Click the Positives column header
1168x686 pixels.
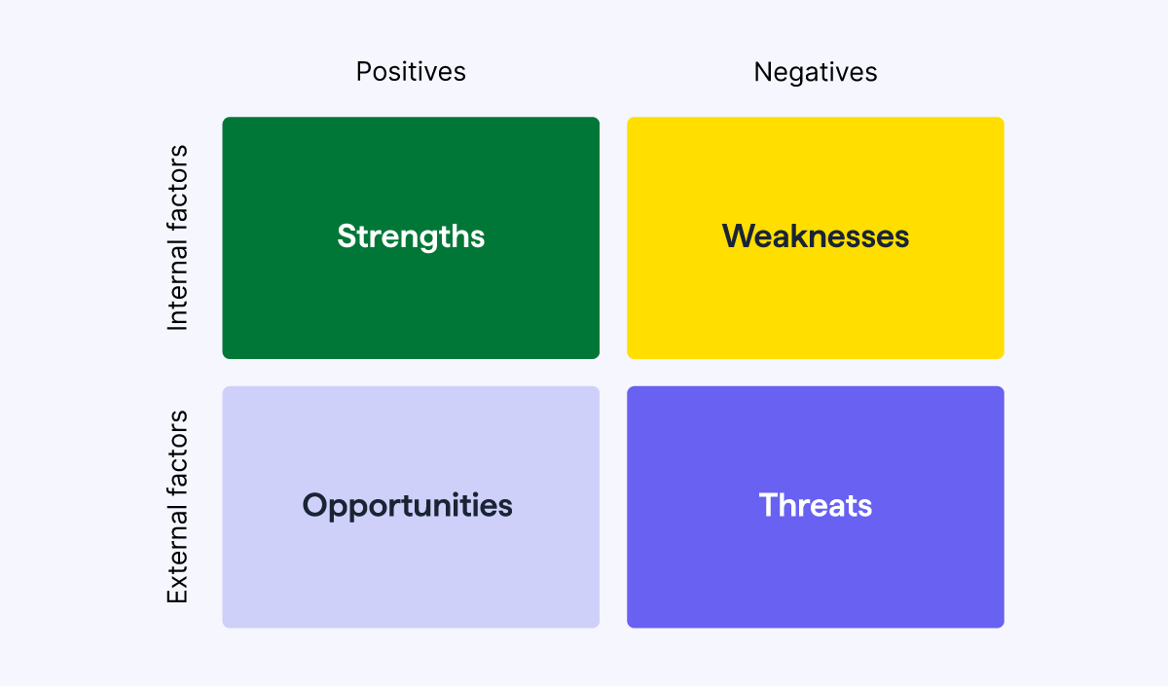point(411,72)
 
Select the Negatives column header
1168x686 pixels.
point(816,72)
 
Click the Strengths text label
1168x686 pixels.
point(411,236)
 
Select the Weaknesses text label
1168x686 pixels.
point(816,236)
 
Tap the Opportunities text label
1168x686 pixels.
point(407,505)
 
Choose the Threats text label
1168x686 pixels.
point(816,505)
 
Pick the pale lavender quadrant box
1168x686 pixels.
point(411,574)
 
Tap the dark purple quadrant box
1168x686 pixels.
point(816,574)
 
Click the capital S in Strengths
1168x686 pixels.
point(347,236)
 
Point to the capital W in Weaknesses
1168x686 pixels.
point(738,236)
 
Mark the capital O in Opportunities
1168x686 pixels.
point(314,505)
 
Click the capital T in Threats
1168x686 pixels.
point(767,505)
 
